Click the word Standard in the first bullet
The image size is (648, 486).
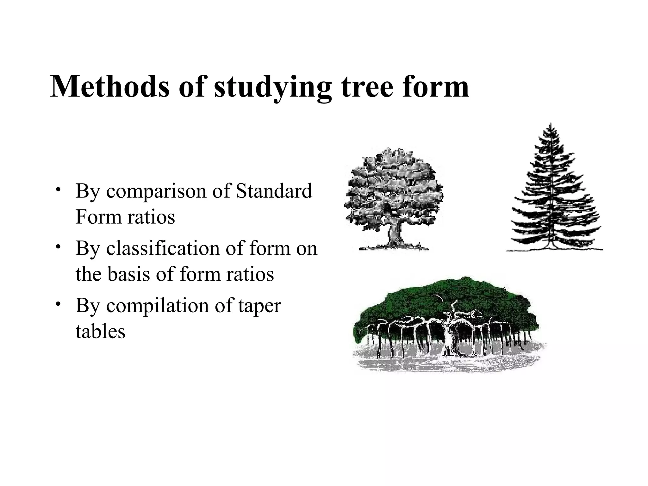point(274,191)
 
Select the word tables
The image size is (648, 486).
point(100,331)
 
